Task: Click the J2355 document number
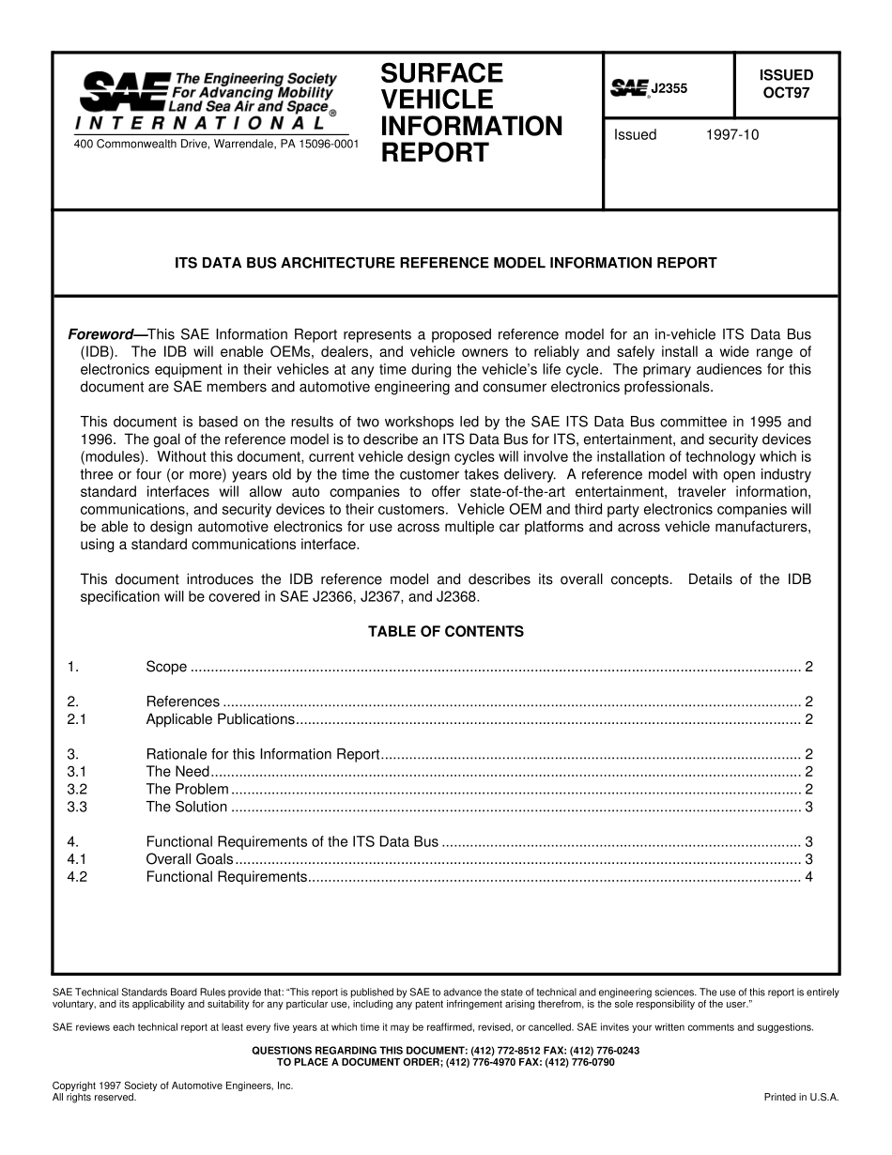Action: click(x=669, y=88)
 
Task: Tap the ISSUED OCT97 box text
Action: click(x=786, y=84)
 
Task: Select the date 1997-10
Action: click(x=731, y=134)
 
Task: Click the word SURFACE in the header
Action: click(x=441, y=73)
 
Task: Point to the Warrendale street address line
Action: click(x=215, y=144)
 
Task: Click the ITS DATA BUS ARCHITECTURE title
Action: click(x=446, y=263)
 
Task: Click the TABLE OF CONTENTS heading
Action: click(x=446, y=632)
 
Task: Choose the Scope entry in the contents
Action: click(x=166, y=667)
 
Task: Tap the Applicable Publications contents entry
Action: click(x=220, y=719)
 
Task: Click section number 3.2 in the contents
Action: click(x=77, y=789)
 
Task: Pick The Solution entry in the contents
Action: click(x=186, y=807)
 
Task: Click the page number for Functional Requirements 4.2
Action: click(x=807, y=877)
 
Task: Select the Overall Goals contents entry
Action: click(x=189, y=859)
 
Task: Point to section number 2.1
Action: click(x=77, y=719)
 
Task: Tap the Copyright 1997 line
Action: click(x=173, y=1085)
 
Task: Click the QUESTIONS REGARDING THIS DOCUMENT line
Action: click(x=446, y=1050)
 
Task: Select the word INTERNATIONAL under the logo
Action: click(x=201, y=123)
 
